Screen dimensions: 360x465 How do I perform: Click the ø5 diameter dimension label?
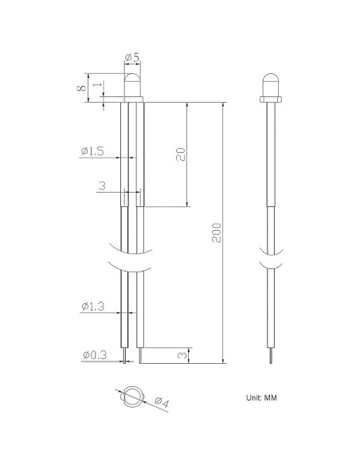pos(132,57)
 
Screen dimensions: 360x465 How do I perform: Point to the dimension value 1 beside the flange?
pos(98,84)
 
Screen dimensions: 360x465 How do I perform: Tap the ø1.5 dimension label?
pos(93,151)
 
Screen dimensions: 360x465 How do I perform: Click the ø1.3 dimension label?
pos(93,306)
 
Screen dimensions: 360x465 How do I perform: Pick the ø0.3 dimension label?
pos(95,354)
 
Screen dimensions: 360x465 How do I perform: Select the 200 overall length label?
pos(217,232)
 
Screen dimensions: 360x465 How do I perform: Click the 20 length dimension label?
pos(181,154)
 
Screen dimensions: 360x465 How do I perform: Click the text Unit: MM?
pos(261,397)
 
